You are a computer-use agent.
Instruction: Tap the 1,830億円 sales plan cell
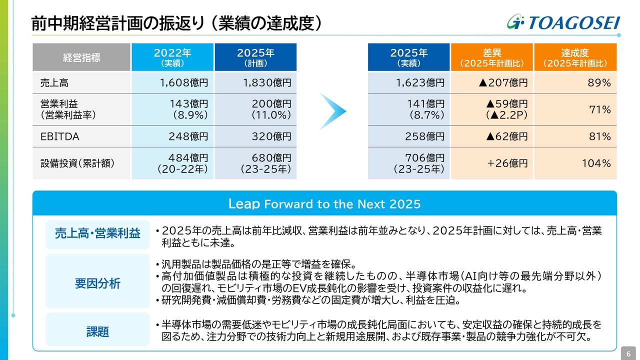(x=255, y=83)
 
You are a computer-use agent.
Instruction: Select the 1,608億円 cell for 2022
(x=172, y=83)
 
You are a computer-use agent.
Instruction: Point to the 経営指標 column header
(x=81, y=57)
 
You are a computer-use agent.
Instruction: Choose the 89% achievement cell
(x=575, y=83)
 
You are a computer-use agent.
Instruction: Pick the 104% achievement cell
(x=575, y=163)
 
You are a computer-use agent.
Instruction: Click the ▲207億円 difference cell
(x=492, y=83)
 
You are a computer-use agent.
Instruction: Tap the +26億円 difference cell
(x=492, y=163)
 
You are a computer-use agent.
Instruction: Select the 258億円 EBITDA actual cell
(x=409, y=136)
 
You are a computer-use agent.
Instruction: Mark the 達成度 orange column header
(x=575, y=57)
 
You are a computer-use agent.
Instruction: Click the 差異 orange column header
(x=492, y=57)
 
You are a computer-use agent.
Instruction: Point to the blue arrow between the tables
(x=332, y=111)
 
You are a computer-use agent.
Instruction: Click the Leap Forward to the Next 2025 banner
(x=324, y=204)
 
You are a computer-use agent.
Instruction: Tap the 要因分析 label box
(x=97, y=283)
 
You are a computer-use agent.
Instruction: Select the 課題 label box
(x=97, y=331)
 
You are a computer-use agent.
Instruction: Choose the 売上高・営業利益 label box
(x=97, y=233)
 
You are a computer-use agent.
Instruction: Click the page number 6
(x=628, y=353)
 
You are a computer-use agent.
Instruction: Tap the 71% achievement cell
(x=575, y=109)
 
